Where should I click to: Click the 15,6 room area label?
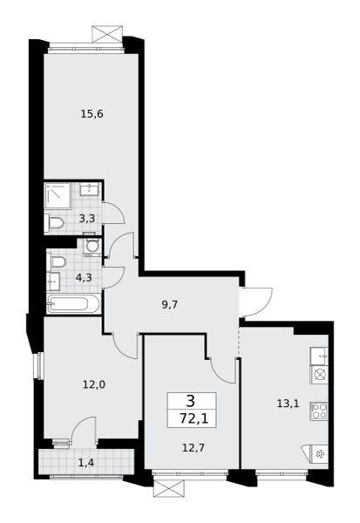[92, 114]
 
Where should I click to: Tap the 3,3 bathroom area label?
[87, 219]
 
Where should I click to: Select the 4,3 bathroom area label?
[84, 277]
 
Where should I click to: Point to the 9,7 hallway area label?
[169, 304]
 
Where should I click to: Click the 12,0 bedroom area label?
[94, 385]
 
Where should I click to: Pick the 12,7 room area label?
[194, 448]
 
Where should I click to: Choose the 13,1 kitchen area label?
[288, 404]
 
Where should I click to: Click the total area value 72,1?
[194, 418]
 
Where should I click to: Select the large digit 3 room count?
[191, 401]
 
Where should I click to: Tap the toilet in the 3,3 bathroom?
[54, 222]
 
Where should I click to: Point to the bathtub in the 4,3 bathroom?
[73, 303]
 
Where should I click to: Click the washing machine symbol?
[92, 247]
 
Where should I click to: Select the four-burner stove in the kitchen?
[319, 411]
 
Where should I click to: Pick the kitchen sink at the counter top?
[319, 357]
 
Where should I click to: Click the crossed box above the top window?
[105, 34]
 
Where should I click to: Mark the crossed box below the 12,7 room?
[169, 488]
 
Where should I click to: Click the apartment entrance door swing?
[259, 301]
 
